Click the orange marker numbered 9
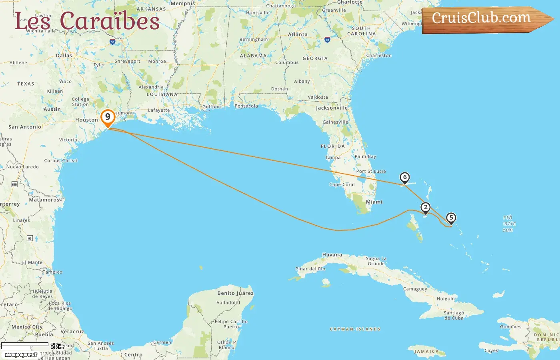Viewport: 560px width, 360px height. (x=108, y=117)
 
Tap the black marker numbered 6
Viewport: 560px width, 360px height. (x=405, y=177)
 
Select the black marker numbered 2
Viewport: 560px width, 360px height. (x=426, y=207)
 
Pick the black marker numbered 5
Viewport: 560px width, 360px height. (x=451, y=218)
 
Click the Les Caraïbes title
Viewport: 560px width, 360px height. (x=87, y=21)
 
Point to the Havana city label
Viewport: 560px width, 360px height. (x=332, y=255)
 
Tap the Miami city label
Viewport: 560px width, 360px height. (x=374, y=202)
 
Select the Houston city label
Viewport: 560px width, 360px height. (x=86, y=120)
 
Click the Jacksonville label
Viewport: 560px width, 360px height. (x=332, y=108)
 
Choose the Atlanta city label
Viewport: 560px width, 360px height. (x=298, y=34)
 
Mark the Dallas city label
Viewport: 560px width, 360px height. (x=64, y=56)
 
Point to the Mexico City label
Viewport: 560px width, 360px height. (x=27, y=327)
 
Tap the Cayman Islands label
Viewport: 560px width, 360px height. (x=355, y=329)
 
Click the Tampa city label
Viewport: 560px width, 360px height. (x=333, y=158)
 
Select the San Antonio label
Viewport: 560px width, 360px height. (x=25, y=127)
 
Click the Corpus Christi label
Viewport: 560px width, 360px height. (x=61, y=160)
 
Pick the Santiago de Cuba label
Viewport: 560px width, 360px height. (x=454, y=316)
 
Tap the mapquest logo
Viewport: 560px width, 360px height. (x=21, y=354)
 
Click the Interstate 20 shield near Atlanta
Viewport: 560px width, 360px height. (x=327, y=40)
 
